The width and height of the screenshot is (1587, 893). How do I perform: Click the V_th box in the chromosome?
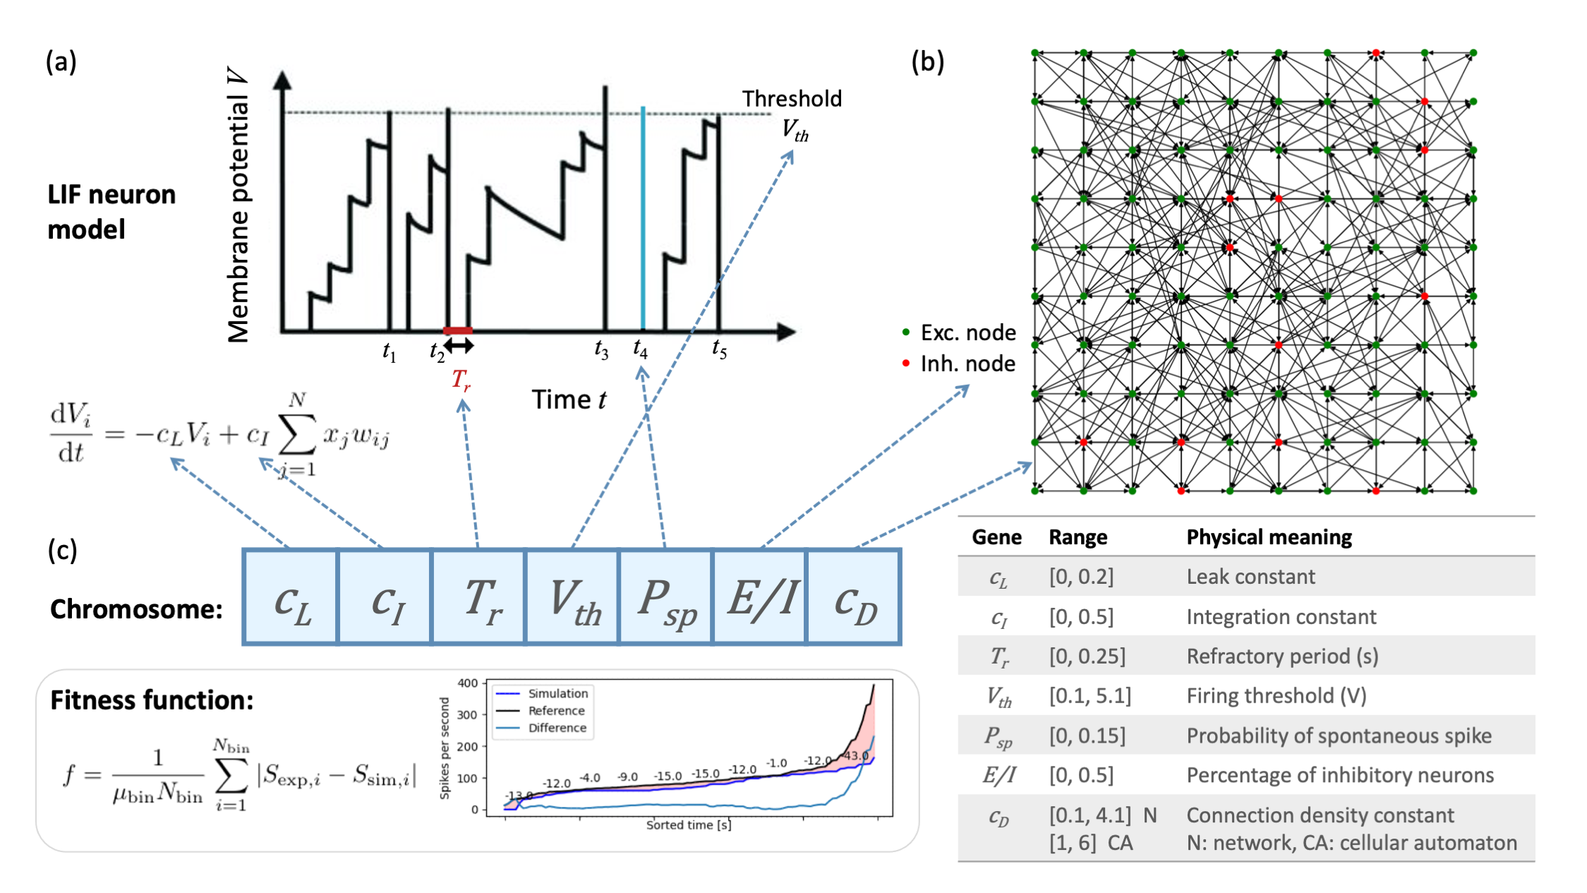(572, 597)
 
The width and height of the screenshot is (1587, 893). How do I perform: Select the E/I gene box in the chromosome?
(760, 597)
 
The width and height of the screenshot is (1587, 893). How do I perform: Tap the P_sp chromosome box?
(665, 597)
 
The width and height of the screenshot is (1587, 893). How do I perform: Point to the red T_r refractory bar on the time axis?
(457, 330)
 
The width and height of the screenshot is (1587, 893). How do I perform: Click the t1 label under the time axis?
(389, 351)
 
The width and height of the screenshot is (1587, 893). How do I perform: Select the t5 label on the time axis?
(719, 348)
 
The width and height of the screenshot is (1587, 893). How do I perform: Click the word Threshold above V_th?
(792, 99)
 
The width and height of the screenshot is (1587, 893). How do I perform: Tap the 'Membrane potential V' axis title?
(238, 205)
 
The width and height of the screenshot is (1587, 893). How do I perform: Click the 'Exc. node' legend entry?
(967, 332)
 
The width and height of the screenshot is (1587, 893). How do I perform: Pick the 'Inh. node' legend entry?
(967, 364)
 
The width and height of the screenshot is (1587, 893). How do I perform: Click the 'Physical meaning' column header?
(1269, 537)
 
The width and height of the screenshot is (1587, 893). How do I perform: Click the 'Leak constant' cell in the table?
(1250, 577)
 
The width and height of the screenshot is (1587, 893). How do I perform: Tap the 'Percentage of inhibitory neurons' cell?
(1339, 775)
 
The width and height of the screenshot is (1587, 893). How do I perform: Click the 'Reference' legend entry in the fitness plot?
(556, 711)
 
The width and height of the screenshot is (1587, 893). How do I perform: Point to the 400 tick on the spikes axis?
(467, 683)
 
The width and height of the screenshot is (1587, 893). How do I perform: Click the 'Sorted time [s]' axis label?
(688, 825)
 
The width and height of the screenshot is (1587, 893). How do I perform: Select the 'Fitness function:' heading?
(152, 700)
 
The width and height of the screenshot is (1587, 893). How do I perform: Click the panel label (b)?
(927, 62)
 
